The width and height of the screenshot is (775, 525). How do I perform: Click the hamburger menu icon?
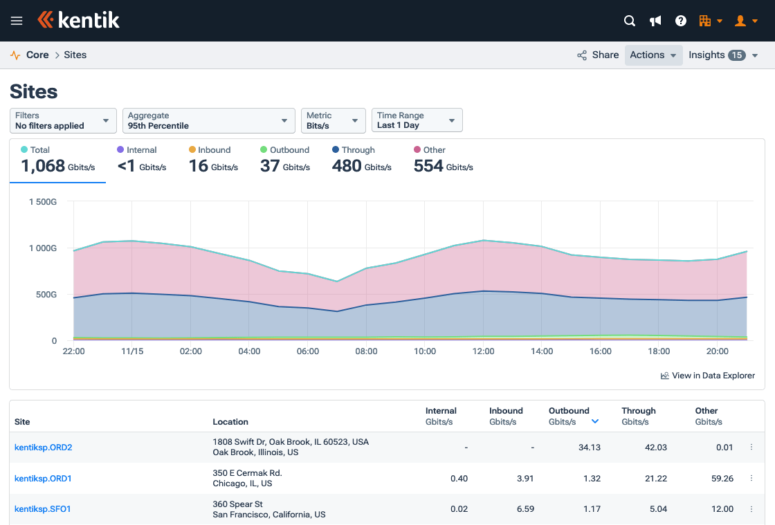pyautogui.click(x=17, y=21)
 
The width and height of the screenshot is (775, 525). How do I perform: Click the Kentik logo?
pyautogui.click(x=78, y=20)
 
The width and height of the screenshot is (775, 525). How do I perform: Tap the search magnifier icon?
pyautogui.click(x=630, y=21)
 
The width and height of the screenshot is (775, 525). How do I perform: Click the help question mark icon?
pyautogui.click(x=681, y=21)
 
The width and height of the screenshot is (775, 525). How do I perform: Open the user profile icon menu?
pyautogui.click(x=745, y=21)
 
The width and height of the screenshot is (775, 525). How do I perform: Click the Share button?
pyautogui.click(x=598, y=55)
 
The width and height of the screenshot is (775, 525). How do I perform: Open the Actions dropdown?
pyautogui.click(x=653, y=55)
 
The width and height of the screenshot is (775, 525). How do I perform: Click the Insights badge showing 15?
pyautogui.click(x=736, y=55)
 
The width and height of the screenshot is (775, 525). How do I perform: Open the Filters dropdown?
pyautogui.click(x=63, y=120)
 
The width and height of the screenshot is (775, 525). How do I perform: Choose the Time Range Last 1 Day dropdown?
pyautogui.click(x=417, y=120)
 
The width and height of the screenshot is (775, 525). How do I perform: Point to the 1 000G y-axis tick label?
pyautogui.click(x=43, y=248)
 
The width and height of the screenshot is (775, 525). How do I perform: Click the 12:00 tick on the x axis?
pyautogui.click(x=483, y=351)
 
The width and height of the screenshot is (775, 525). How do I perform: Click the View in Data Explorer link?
pyautogui.click(x=708, y=376)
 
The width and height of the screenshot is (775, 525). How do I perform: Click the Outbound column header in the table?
pyautogui.click(x=569, y=411)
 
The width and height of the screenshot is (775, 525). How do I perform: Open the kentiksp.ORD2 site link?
pyautogui.click(x=44, y=448)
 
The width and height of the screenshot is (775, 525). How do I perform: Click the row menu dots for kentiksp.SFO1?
pyautogui.click(x=751, y=509)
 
